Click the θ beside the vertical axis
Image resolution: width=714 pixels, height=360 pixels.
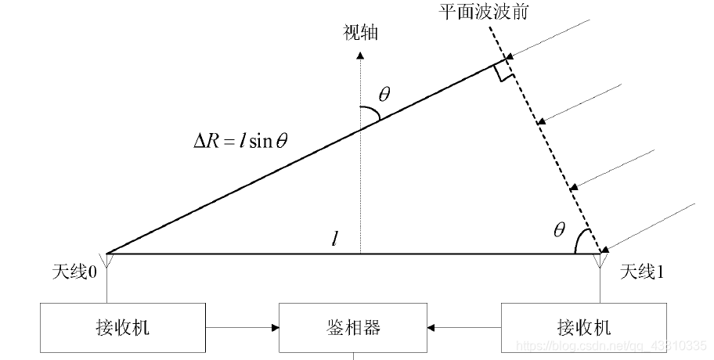pyautogui.click(x=384, y=95)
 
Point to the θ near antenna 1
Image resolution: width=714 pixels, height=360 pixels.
pyautogui.click(x=558, y=230)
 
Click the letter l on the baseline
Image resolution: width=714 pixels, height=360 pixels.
pyautogui.click(x=334, y=239)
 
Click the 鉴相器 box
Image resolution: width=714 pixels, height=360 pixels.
pyautogui.click(x=353, y=326)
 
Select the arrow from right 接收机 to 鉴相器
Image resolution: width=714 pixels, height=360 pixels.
pyautogui.click(x=463, y=326)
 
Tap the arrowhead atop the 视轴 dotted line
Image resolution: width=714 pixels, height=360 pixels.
pyautogui.click(x=359, y=55)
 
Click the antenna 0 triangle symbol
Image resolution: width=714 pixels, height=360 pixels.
pyautogui.click(x=108, y=259)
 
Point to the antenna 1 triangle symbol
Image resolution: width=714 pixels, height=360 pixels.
pyautogui.click(x=601, y=259)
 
